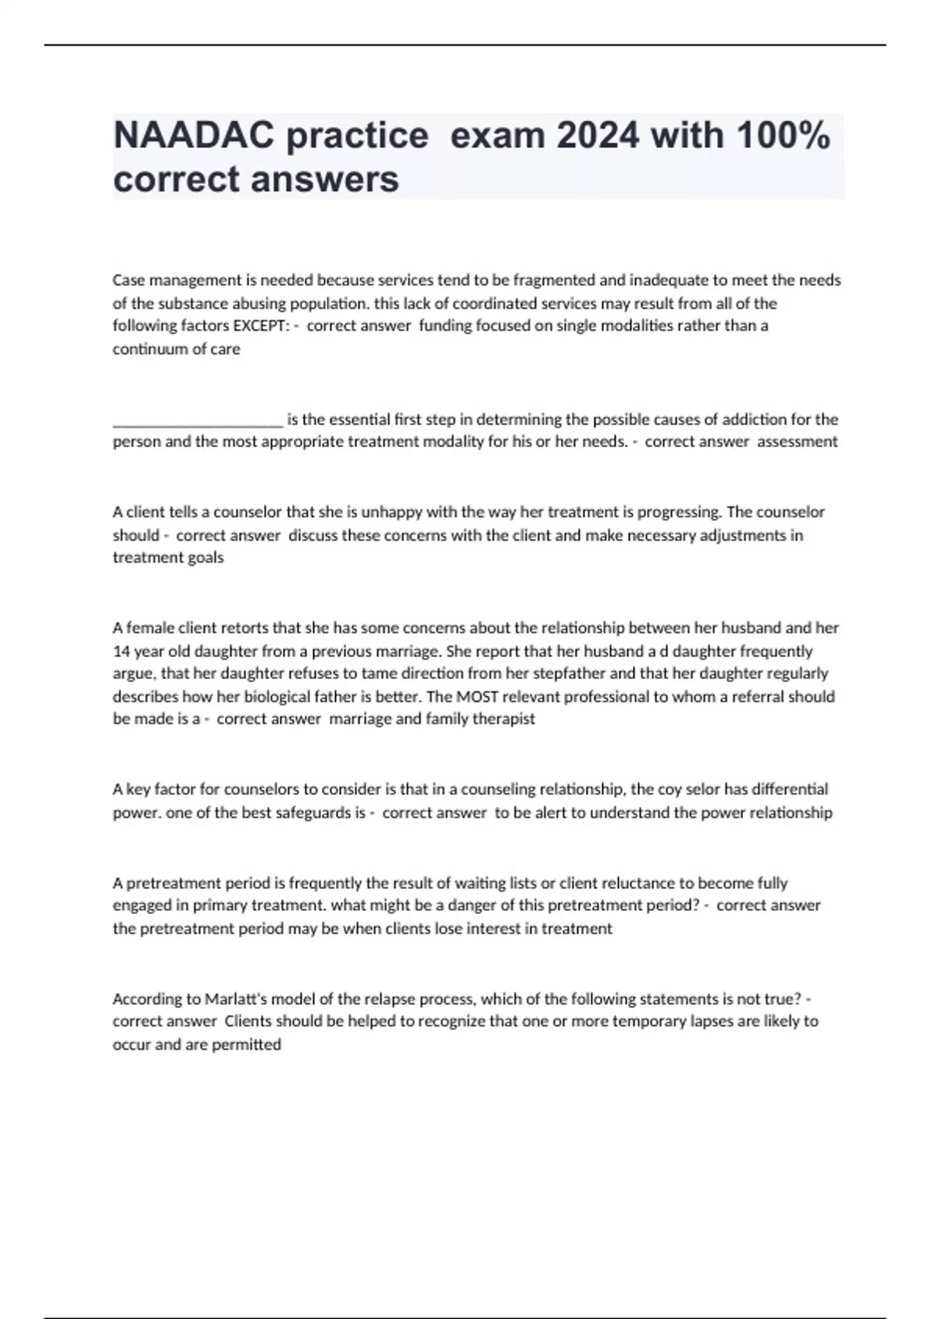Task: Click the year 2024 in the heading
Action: pos(597,136)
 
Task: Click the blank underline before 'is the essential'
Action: pos(198,421)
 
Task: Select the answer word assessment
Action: pos(798,441)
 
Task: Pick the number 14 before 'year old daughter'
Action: pos(121,652)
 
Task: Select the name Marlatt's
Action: pos(236,999)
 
